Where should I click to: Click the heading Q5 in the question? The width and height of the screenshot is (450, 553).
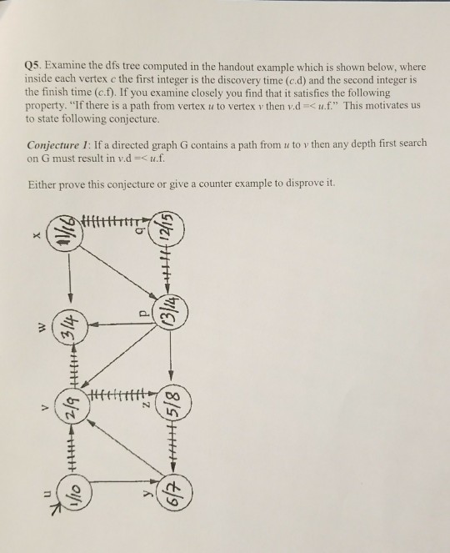[x=35, y=67]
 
